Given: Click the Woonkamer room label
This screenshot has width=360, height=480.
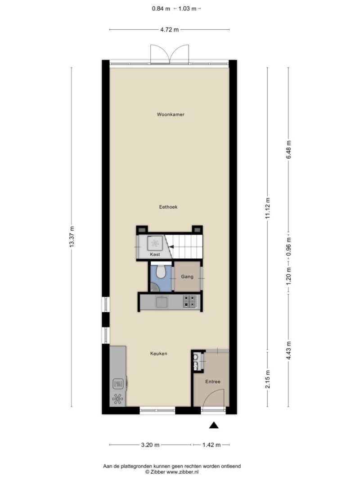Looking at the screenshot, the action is (171, 115).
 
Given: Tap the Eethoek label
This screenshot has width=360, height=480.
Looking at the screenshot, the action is (168, 207).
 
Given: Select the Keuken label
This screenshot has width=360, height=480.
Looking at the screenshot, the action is (158, 354).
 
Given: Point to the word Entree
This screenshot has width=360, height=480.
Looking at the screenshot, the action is (213, 381).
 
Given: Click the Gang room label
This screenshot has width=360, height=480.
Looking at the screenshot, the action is (187, 277).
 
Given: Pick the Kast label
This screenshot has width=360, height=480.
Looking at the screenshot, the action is (155, 254).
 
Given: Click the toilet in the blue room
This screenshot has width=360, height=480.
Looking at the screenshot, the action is (161, 272).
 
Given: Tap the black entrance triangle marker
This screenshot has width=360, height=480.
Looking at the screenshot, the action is (214, 425).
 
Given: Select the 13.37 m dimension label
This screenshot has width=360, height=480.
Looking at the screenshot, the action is (72, 237).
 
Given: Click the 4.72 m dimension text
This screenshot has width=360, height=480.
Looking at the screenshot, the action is (169, 30).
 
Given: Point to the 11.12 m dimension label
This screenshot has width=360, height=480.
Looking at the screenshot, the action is (268, 208).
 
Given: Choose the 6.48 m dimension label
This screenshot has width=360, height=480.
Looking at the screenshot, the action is (288, 149).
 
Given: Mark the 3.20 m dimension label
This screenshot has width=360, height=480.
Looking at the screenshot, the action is (150, 445).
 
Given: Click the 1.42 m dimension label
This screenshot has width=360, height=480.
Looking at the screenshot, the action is (211, 445).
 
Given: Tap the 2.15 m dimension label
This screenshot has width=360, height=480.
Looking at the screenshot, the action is (268, 379).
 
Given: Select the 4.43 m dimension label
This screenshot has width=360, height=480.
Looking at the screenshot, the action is (288, 351).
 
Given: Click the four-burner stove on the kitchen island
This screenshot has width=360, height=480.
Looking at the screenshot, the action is (190, 301).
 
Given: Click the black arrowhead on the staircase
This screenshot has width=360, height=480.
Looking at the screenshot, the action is (171, 247).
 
